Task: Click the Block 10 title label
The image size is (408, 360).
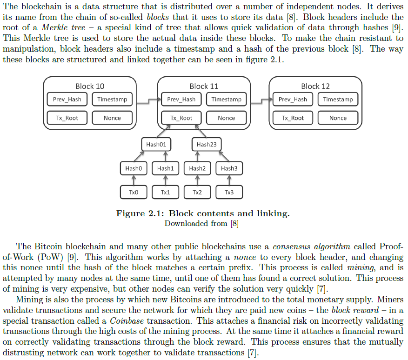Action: click(90, 86)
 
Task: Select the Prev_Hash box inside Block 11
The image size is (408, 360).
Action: click(181, 100)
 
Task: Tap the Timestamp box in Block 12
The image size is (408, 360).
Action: click(338, 100)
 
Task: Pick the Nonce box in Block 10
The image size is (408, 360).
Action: click(113, 118)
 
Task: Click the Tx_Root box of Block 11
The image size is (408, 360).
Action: click(181, 118)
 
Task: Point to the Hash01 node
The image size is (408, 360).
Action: click(156, 144)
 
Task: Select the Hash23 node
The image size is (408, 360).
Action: click(207, 144)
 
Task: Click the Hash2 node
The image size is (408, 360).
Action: click(197, 168)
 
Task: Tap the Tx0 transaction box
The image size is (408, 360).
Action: click(134, 192)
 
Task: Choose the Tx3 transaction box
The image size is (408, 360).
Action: click(229, 192)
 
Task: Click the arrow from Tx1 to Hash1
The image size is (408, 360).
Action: click(166, 180)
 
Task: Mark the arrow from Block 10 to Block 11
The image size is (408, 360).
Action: click(149, 101)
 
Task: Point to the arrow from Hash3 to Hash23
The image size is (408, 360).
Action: click(224, 156)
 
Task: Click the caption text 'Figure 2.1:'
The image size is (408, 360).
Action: click(140, 213)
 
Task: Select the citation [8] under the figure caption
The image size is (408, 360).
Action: click(234, 224)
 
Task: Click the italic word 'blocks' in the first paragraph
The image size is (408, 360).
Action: click(158, 17)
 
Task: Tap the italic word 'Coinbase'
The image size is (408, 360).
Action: click(127, 321)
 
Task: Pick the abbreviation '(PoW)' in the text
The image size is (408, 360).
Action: click(50, 257)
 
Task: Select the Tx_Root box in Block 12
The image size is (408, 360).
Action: click(293, 118)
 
